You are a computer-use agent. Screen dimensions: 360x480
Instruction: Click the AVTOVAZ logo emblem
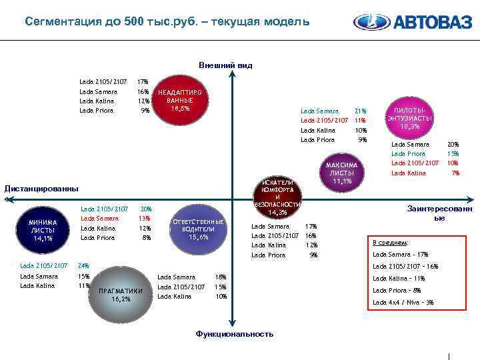tap(371, 23)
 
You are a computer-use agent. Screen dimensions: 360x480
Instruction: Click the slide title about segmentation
tap(167, 21)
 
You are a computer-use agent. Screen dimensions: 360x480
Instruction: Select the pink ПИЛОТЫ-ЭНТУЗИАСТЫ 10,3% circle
tap(409, 117)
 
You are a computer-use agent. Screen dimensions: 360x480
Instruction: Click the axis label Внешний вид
tap(225, 65)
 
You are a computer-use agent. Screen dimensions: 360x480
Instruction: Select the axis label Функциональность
tap(234, 333)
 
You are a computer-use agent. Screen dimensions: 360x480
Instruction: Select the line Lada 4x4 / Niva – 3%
tap(403, 302)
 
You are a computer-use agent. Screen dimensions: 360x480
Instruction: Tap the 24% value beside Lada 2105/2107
tap(84, 265)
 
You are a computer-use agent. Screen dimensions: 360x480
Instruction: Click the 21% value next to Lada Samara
tap(361, 111)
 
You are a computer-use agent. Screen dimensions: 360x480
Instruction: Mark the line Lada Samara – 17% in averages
tap(400, 254)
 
